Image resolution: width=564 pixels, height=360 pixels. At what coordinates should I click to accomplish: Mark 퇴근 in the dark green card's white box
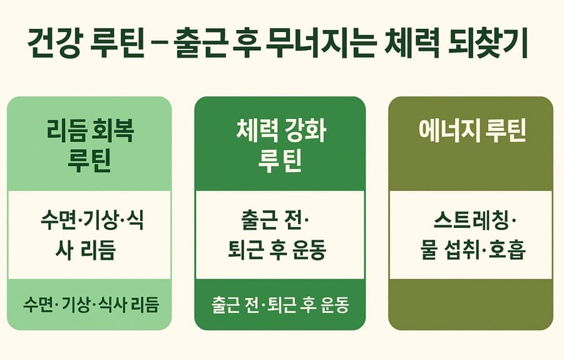point(246,251)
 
